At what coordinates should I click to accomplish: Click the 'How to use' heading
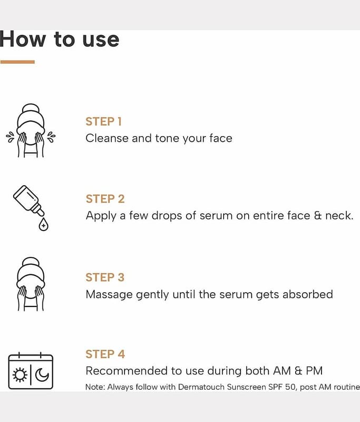(x=59, y=39)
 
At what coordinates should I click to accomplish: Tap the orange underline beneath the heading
(x=17, y=62)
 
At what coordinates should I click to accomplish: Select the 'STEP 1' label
(x=103, y=121)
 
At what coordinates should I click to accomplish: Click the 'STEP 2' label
(x=105, y=199)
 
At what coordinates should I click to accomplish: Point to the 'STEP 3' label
(x=105, y=277)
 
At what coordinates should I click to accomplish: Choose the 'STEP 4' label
(x=105, y=354)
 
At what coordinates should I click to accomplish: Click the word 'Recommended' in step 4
(x=127, y=371)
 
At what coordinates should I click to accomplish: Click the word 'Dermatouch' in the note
(x=201, y=387)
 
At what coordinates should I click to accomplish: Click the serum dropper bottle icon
(x=28, y=200)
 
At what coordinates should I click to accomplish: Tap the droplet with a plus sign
(x=43, y=225)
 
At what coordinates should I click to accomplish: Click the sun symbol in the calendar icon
(x=20, y=375)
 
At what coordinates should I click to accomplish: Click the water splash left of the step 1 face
(x=10, y=137)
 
